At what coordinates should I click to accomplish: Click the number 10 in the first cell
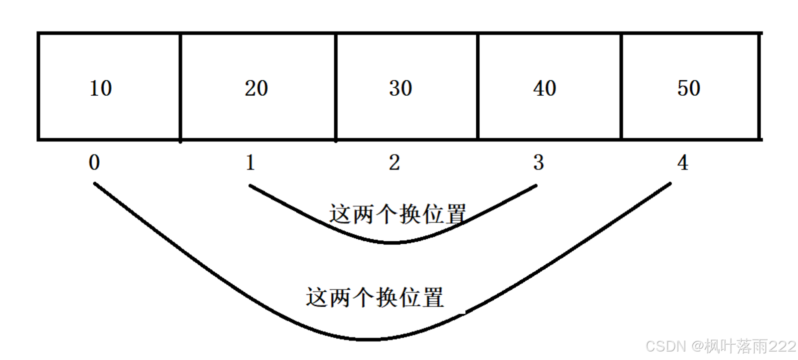[100, 88]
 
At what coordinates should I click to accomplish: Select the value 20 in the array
[256, 88]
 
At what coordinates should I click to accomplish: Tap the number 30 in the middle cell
[400, 88]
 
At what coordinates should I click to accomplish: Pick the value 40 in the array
[544, 88]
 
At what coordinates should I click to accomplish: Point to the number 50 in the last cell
[688, 88]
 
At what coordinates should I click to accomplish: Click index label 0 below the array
[94, 163]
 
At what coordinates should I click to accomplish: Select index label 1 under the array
[250, 163]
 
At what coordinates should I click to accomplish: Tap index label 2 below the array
[394, 163]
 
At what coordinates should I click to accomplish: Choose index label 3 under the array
[538, 163]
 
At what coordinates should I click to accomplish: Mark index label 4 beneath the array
[682, 163]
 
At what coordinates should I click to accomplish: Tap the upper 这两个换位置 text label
[398, 214]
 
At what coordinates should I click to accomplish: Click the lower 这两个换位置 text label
[375, 297]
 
